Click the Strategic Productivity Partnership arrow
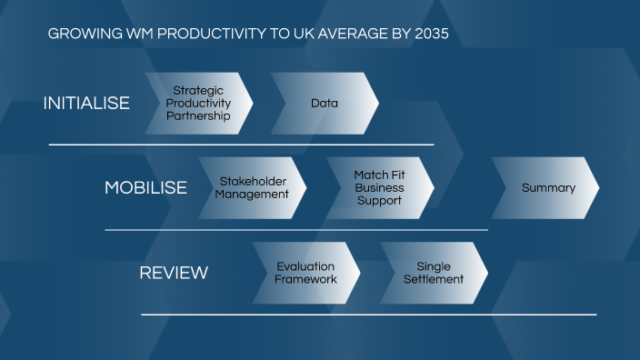[x=198, y=104]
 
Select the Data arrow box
[x=325, y=104]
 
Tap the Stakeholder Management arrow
[x=253, y=188]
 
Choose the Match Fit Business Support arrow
[x=379, y=188]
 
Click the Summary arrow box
[x=547, y=188]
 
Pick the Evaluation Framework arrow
[x=306, y=273]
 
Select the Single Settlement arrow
[x=434, y=273]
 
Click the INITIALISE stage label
[x=86, y=104]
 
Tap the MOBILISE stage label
[x=145, y=188]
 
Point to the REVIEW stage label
[x=174, y=273]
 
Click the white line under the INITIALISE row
[x=241, y=145]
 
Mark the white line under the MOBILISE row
[x=295, y=230]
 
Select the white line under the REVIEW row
[x=368, y=315]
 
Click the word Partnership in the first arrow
[x=198, y=116]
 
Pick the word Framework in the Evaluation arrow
[x=306, y=279]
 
